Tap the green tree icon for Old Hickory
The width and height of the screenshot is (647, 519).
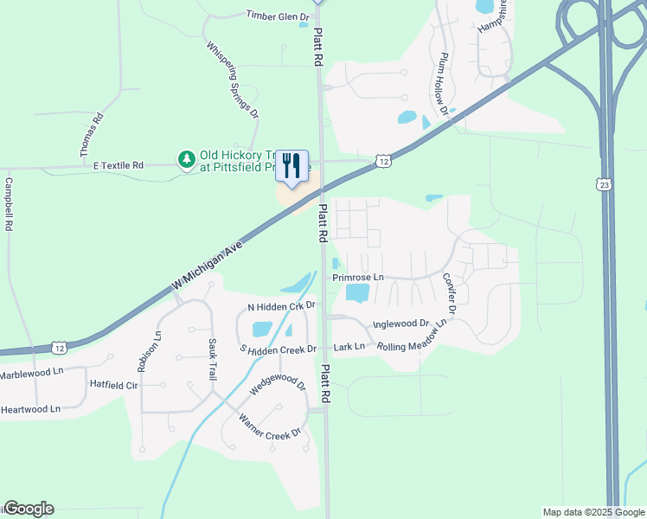click(186, 159)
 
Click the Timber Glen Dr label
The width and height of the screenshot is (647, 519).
click(278, 16)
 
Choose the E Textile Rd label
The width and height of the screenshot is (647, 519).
click(113, 164)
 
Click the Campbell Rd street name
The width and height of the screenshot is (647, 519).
click(9, 204)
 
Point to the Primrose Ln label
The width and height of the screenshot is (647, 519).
click(357, 277)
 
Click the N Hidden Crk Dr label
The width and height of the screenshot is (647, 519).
click(282, 306)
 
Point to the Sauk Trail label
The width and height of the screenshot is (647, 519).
click(211, 360)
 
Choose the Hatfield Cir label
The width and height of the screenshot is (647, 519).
click(114, 383)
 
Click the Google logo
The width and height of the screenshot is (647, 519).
click(29, 509)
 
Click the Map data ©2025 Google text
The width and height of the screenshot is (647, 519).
click(593, 512)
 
